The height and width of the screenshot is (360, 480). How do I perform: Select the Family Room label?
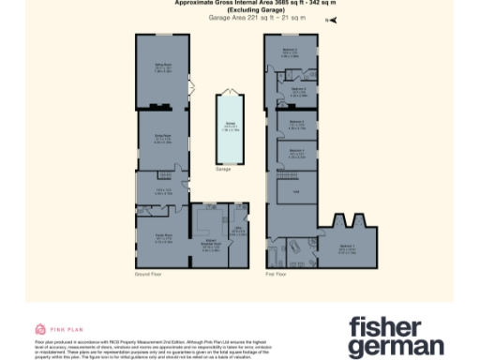coord(162,238)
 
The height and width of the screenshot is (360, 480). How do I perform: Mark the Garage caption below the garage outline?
coord(223,170)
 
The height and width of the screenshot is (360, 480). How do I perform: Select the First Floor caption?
coord(275,274)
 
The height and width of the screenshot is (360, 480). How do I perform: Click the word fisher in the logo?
coord(382,327)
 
